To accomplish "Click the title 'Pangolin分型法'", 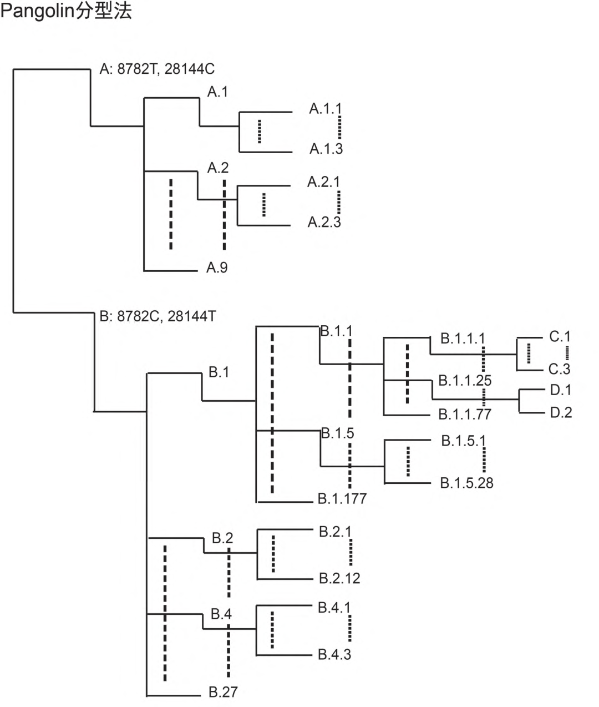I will [66, 11].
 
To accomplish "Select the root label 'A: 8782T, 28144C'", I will [157, 69].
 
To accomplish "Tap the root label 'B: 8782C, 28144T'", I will [158, 316].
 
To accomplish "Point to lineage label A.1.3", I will [326, 149].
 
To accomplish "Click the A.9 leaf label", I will [217, 268].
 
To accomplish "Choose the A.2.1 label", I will [324, 182].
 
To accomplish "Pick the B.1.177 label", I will [342, 498].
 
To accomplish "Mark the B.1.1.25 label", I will [465, 381].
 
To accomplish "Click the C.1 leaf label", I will [560, 336].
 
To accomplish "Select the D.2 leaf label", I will [561, 413].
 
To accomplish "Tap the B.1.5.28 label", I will [466, 483].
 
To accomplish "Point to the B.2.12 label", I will [339, 578].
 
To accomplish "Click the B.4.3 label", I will [334, 654].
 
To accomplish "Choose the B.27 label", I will [223, 692].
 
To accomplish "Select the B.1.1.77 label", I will [465, 415].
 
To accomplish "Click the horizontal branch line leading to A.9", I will [171, 271].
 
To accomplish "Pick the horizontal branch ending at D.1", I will [531, 390].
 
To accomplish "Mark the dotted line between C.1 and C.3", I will [567, 352].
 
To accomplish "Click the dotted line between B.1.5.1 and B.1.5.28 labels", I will [484, 460].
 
